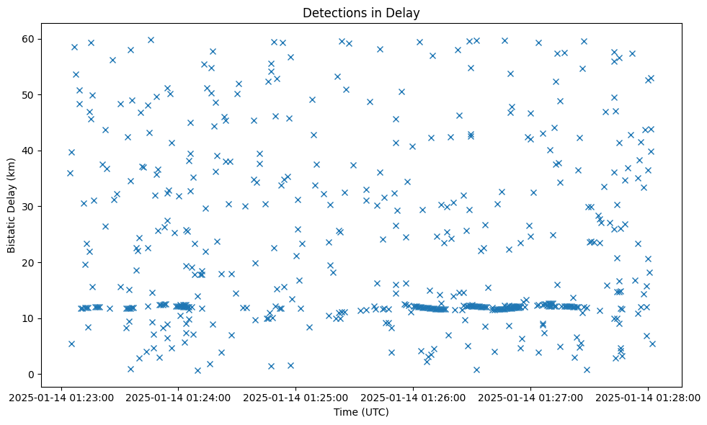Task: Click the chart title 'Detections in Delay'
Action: click(x=360, y=13)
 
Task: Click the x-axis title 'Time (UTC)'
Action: click(x=360, y=412)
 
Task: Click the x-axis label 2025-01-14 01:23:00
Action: click(x=61, y=397)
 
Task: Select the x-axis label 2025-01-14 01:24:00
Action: click(x=179, y=397)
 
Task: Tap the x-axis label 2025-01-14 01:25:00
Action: click(x=296, y=397)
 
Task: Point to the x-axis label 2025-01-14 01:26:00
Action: click(x=414, y=397)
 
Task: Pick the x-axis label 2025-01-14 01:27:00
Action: click(x=531, y=397)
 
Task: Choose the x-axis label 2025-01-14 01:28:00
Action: click(x=649, y=397)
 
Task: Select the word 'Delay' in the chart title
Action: click(x=404, y=13)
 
